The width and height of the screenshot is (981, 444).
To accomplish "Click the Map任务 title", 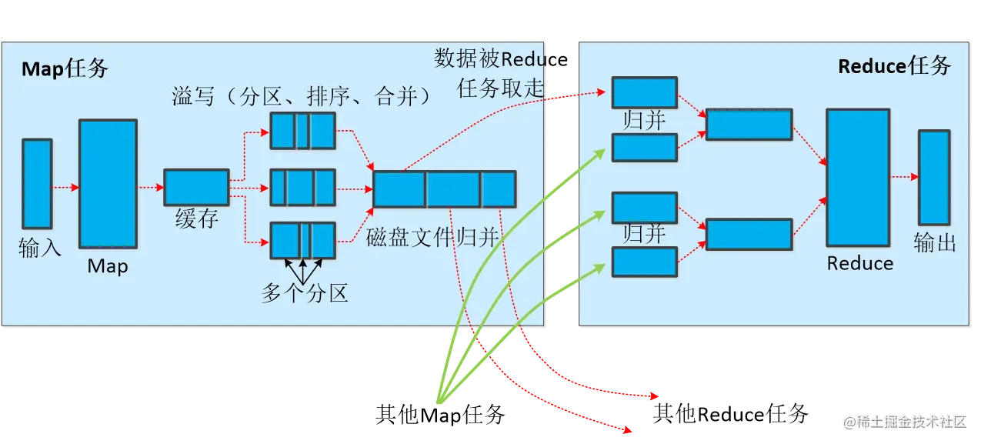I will (x=65, y=68).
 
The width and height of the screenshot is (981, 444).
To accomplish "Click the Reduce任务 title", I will (x=894, y=66).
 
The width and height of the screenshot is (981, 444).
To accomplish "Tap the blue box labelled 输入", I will (x=37, y=184).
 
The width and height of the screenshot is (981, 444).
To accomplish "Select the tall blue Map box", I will (x=108, y=183).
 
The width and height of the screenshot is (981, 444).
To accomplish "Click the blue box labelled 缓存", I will (x=196, y=187).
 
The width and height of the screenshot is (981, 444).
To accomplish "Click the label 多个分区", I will (x=305, y=292).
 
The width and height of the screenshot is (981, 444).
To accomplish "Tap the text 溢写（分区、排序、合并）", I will (x=301, y=96).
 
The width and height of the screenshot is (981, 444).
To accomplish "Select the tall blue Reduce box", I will (x=858, y=177).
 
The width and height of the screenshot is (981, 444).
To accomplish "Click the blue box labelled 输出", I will (x=933, y=177).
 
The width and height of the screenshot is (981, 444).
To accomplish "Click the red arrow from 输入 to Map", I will (x=65, y=187).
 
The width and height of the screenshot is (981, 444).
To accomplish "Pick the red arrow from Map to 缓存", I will (x=151, y=187).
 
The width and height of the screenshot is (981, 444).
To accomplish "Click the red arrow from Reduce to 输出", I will (x=904, y=177).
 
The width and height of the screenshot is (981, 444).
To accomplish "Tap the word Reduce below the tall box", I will (x=859, y=263).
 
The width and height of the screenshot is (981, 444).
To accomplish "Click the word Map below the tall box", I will (x=108, y=266).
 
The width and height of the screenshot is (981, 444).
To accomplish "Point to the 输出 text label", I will (x=935, y=243).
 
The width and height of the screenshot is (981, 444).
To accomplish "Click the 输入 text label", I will (x=39, y=248).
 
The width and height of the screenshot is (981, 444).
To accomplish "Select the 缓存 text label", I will (x=197, y=219).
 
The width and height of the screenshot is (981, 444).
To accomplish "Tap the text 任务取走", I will (x=500, y=88).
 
